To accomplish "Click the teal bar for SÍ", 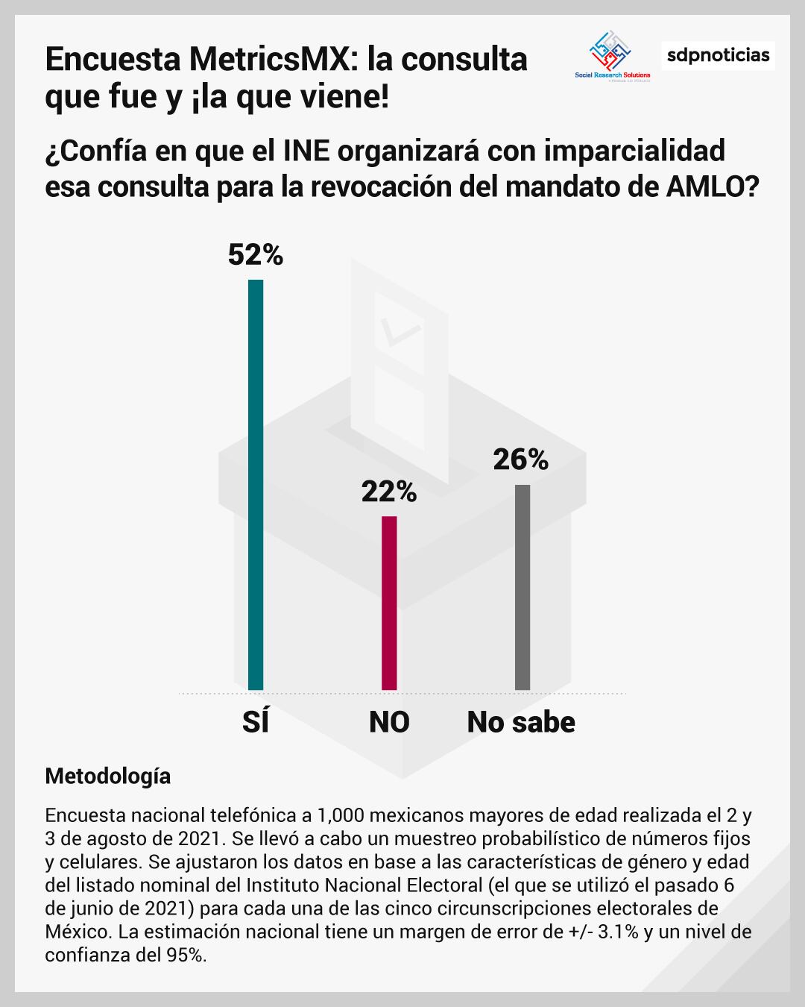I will point(256,485).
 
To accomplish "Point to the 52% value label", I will point(256,255).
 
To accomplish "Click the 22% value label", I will point(389,492).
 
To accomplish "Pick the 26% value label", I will point(521,459).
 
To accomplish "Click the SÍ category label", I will point(256,722).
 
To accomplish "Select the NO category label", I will point(389,722).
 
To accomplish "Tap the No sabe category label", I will point(521,722).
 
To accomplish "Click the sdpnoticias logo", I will point(718,55).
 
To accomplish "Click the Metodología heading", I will point(107,776).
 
